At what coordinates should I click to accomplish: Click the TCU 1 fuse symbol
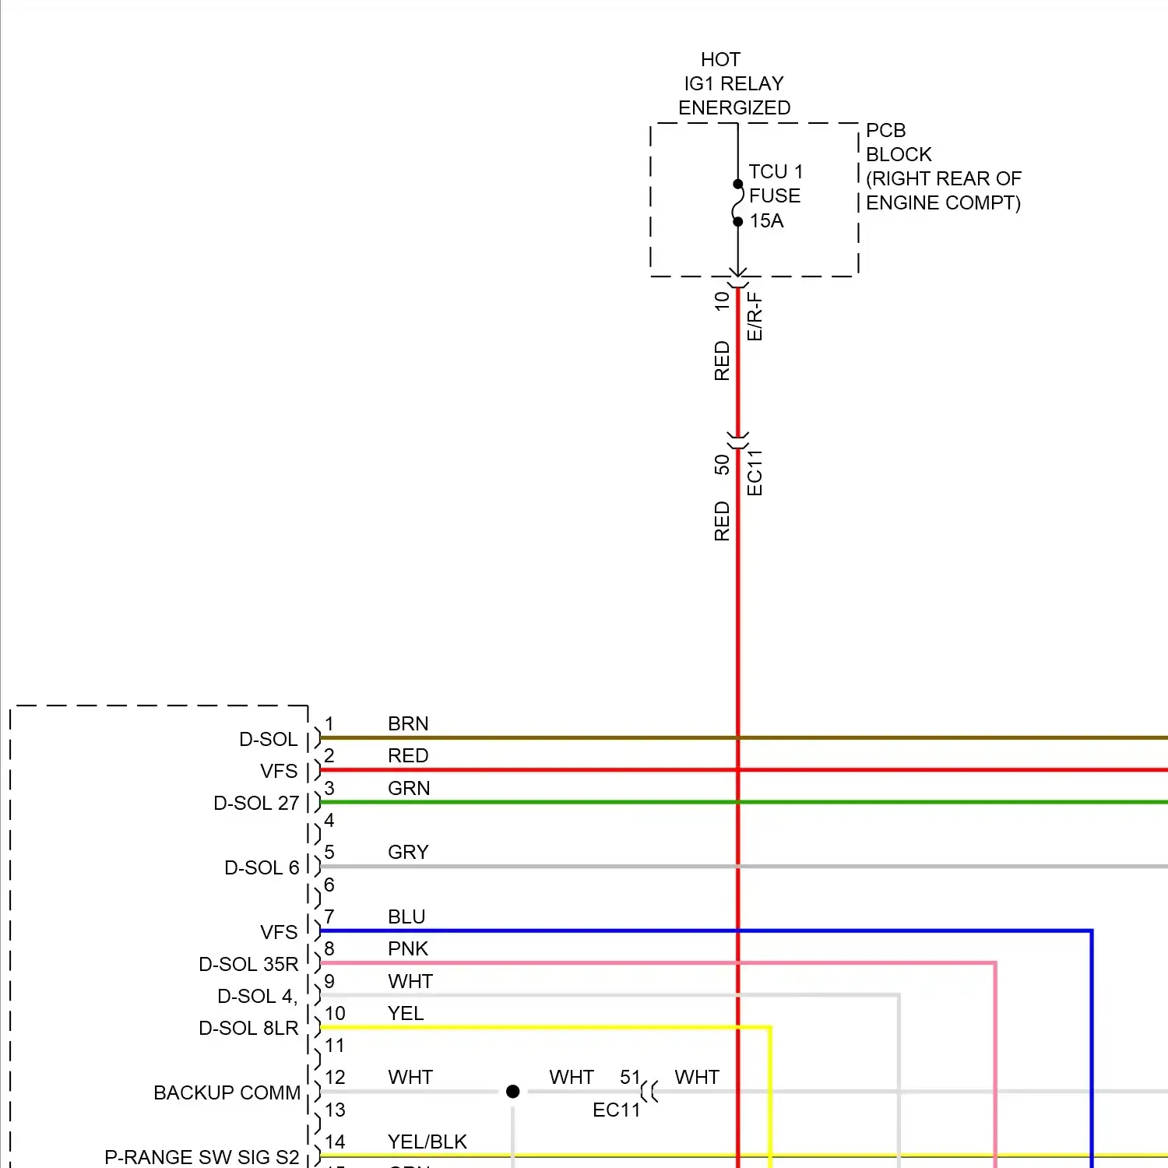tap(737, 203)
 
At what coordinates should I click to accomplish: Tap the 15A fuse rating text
tap(766, 221)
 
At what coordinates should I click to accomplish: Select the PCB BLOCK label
tap(899, 142)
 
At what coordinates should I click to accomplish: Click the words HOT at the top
tap(720, 60)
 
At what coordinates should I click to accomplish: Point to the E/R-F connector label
tap(755, 317)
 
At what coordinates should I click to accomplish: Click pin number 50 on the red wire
tap(722, 465)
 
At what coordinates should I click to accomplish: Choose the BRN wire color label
tap(408, 724)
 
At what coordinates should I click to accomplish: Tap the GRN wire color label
tap(409, 789)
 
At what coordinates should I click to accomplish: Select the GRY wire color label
tap(408, 853)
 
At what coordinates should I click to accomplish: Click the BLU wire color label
tap(406, 917)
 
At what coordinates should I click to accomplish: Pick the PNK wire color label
tap(408, 949)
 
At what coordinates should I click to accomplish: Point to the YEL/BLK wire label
tap(427, 1142)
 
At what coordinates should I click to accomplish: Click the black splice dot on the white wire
tap(512, 1092)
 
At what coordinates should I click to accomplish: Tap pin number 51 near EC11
tap(630, 1078)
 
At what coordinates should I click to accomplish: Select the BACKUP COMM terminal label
tap(227, 1093)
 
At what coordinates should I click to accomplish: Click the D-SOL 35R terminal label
tap(248, 965)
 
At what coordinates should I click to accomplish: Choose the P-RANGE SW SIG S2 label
tap(202, 1157)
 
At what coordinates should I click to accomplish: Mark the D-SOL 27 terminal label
tap(256, 804)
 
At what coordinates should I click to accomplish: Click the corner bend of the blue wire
tap(1091, 931)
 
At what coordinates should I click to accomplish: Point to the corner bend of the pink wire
tap(994, 964)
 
